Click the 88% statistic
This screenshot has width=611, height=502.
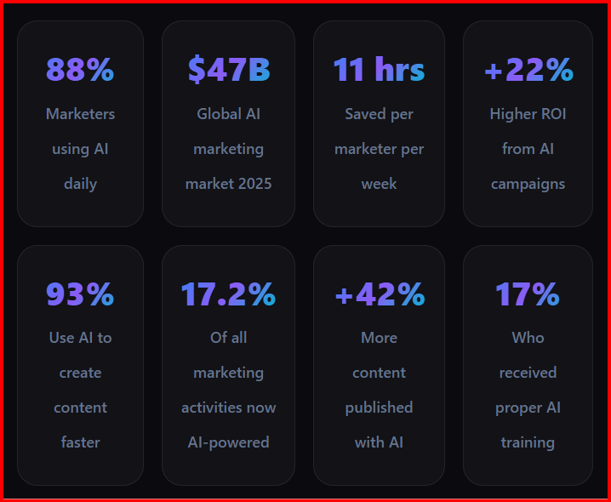[80, 70]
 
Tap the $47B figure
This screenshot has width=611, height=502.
[229, 70]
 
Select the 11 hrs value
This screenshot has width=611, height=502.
[379, 70]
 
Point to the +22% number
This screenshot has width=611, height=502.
[528, 70]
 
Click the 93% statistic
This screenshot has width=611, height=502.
[80, 294]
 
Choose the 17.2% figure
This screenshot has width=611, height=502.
[229, 294]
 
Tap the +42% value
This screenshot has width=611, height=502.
[379, 294]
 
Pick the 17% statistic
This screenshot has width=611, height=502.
[528, 294]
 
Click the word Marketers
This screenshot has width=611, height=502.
[80, 114]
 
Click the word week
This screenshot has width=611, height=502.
[379, 184]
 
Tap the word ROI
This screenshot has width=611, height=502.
[551, 114]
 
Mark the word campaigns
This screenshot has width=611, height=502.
[528, 184]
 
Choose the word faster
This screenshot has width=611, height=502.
[80, 442]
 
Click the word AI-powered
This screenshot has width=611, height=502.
[229, 442]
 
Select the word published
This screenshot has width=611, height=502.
[379, 408]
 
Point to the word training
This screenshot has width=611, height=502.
[528, 442]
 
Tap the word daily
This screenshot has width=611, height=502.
[80, 184]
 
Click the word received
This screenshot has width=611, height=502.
[528, 373]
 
